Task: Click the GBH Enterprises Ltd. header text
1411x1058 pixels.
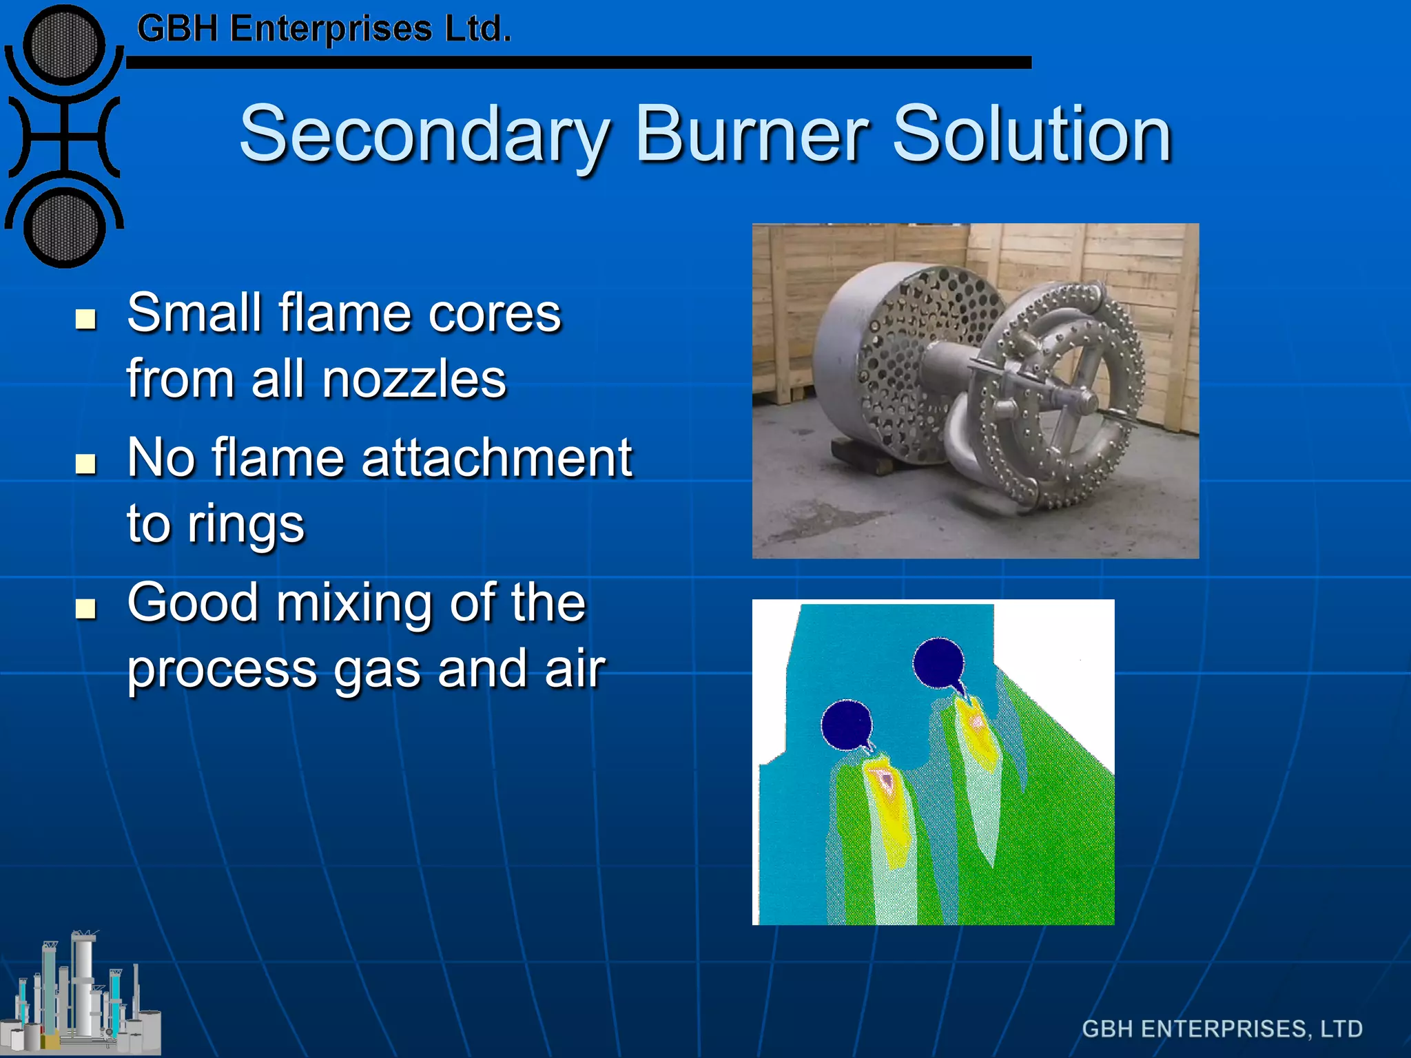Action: [324, 30]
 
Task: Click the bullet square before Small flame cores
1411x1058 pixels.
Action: [85, 319]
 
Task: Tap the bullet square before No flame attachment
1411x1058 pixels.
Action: [85, 464]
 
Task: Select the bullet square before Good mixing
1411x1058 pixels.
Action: [85, 608]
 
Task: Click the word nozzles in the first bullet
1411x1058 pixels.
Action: [414, 380]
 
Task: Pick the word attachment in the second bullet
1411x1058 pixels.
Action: [497, 458]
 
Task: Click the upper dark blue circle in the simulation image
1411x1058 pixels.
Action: [938, 663]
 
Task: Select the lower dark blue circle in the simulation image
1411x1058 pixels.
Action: [847, 725]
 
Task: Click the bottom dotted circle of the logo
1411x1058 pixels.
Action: [64, 227]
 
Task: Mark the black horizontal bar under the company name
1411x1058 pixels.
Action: [579, 63]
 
